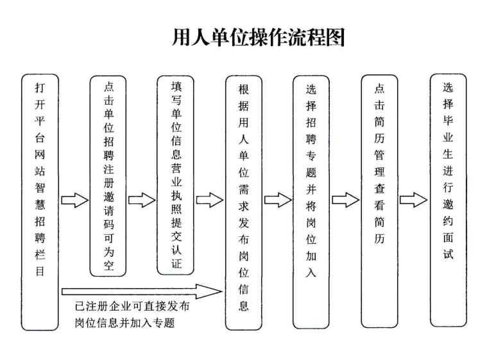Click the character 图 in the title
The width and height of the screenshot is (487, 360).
coord(335,37)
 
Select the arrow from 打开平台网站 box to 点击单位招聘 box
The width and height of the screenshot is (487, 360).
coord(75,200)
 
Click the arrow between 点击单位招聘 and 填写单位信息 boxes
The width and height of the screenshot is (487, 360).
coord(142,200)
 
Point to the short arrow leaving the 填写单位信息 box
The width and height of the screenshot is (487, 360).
coord(210,200)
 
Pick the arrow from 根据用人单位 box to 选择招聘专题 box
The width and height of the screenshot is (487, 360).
coord(278,200)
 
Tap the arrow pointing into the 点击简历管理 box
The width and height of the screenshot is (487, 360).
coord(346,200)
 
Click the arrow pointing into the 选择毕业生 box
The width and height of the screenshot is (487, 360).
coord(413,200)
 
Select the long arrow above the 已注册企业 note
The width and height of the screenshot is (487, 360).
coord(142,291)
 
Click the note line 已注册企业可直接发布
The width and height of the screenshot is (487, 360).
coord(132,306)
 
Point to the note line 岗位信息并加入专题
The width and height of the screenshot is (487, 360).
coord(125,323)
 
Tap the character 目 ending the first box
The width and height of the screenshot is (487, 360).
coord(40,271)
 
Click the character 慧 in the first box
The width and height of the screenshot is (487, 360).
coord(40,204)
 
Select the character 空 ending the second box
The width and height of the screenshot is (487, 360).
coord(108,265)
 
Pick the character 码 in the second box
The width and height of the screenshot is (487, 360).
coord(108,224)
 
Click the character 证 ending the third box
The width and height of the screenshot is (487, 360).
coord(176,263)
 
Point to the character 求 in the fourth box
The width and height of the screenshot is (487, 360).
coord(244,206)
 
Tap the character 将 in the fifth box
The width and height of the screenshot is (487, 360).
coord(311,206)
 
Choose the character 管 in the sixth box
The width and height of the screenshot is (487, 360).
coord(379,155)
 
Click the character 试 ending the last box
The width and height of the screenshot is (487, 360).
coord(448,254)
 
